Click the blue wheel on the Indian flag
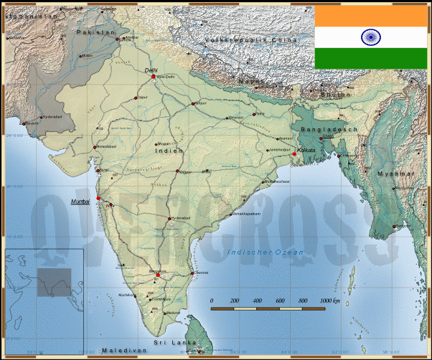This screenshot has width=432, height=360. coord(371,37)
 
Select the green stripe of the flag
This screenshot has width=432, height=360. coord(371,59)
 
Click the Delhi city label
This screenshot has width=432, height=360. coord(151,70)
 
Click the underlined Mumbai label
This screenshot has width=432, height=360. coord(80,202)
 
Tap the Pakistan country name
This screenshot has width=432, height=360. coord(95,32)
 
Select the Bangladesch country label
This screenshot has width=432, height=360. coord(329,128)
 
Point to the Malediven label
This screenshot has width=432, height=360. coord(124,350)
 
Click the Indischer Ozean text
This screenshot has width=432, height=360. coord(265,252)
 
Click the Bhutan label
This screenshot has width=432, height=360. coord(335,94)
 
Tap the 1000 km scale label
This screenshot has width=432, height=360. coord(330,300)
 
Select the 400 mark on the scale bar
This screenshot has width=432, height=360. coord(257,300)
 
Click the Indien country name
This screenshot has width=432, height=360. coord(169,151)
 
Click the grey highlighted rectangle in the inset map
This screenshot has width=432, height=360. coord(55,282)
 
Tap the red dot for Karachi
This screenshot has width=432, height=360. coord(26,123)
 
